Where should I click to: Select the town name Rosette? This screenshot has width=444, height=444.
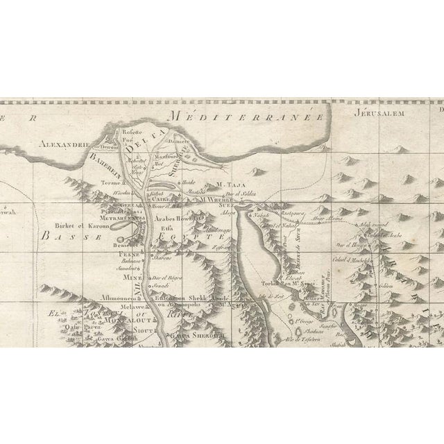tap(130, 131)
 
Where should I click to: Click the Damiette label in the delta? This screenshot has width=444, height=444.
tap(179, 139)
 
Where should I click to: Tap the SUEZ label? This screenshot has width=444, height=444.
tap(229, 207)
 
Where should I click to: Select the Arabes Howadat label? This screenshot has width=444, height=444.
tap(181, 217)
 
